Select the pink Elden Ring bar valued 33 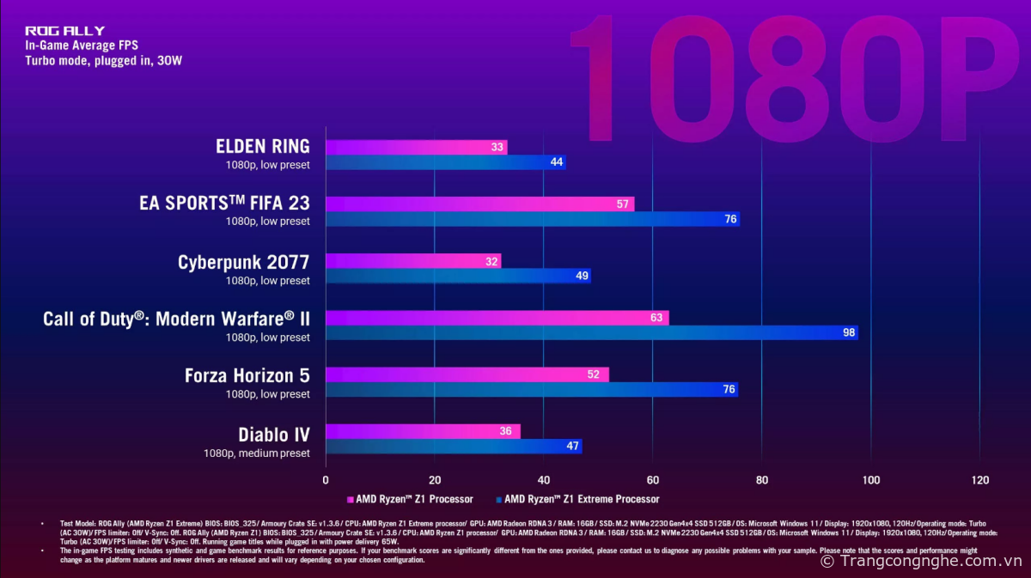(x=416, y=148)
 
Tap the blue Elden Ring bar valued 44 (x=445, y=162)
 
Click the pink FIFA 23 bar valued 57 (x=479, y=204)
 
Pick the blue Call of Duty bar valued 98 (x=591, y=332)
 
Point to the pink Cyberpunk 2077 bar (x=412, y=261)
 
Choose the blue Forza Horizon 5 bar (x=531, y=389)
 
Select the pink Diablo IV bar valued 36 (x=423, y=431)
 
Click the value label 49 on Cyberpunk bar (x=581, y=276)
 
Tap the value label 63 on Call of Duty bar (x=657, y=318)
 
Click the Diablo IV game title (x=274, y=435)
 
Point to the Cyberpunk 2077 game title (x=244, y=262)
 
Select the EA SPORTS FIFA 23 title (x=224, y=204)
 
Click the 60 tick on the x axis (x=653, y=480)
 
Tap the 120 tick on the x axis (x=979, y=480)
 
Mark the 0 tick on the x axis (x=326, y=480)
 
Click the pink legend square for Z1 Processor (x=350, y=499)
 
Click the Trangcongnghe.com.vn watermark (x=921, y=561)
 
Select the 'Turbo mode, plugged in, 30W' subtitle (x=103, y=61)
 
